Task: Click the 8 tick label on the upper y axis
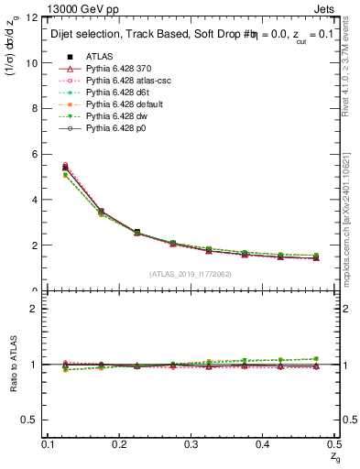coord(32,108)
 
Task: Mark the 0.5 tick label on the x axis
coord(333,443)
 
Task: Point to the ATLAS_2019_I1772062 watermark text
coord(190,274)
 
